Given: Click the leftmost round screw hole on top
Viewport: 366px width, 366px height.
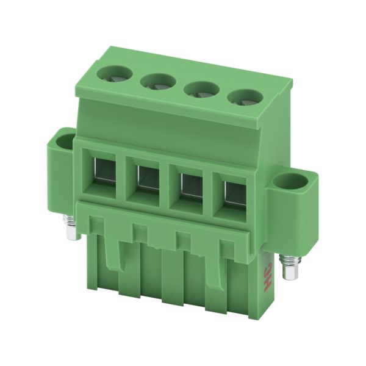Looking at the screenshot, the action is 115,74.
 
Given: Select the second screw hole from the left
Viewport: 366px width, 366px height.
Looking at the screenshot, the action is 158,82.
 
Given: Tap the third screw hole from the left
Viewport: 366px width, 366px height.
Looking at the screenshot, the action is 202,90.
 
